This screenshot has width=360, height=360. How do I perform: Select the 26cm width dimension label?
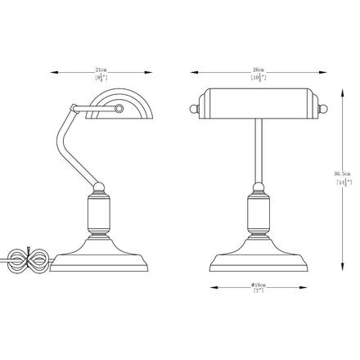coord(259,71)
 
